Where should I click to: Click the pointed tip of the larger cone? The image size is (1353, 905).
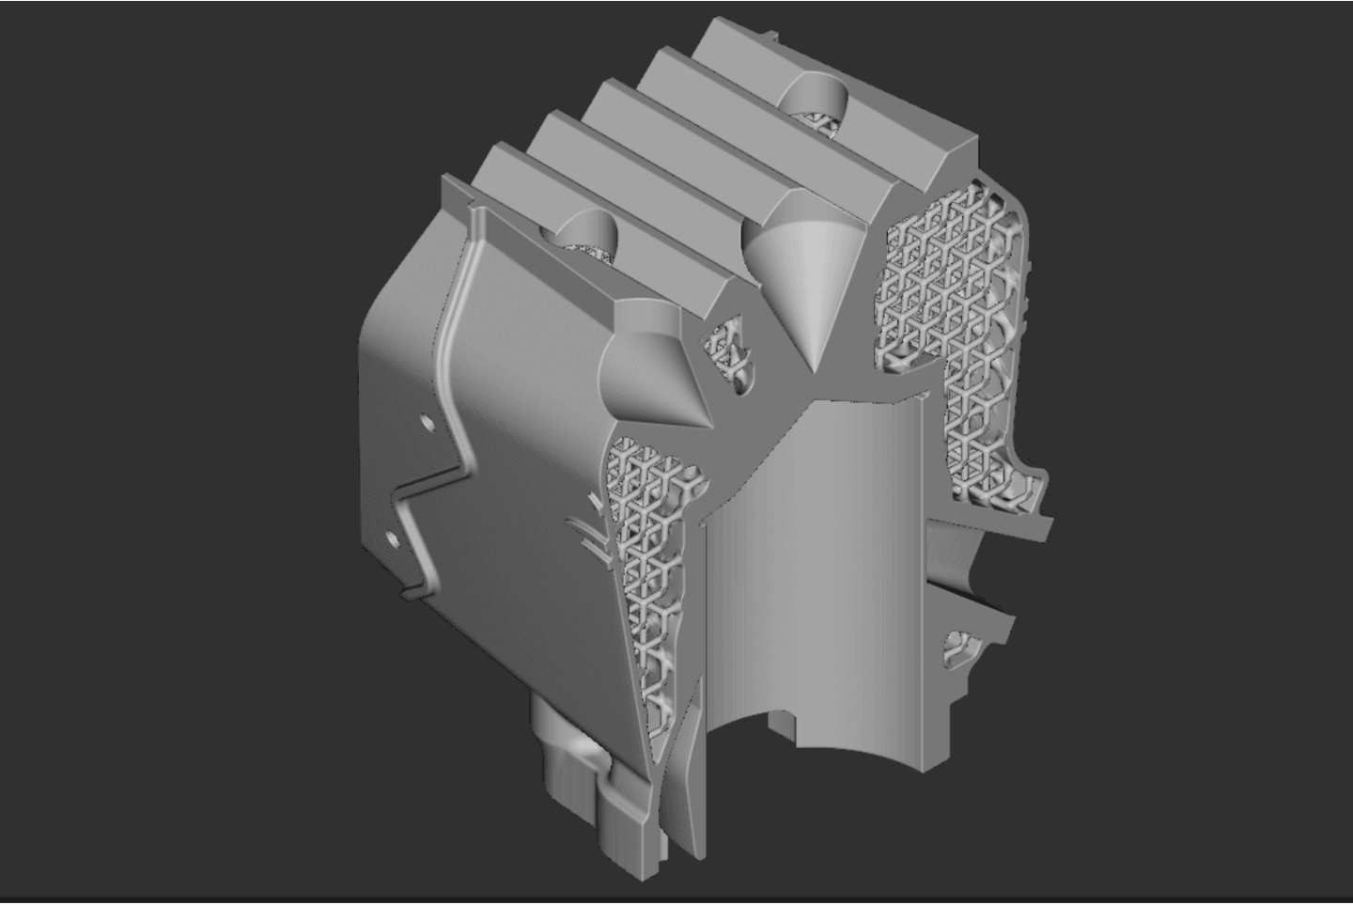[x=814, y=368]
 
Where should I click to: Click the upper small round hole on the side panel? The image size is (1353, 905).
[x=428, y=425]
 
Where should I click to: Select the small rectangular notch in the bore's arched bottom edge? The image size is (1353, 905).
[x=782, y=722]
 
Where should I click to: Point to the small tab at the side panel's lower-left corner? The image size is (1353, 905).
[x=411, y=594]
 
